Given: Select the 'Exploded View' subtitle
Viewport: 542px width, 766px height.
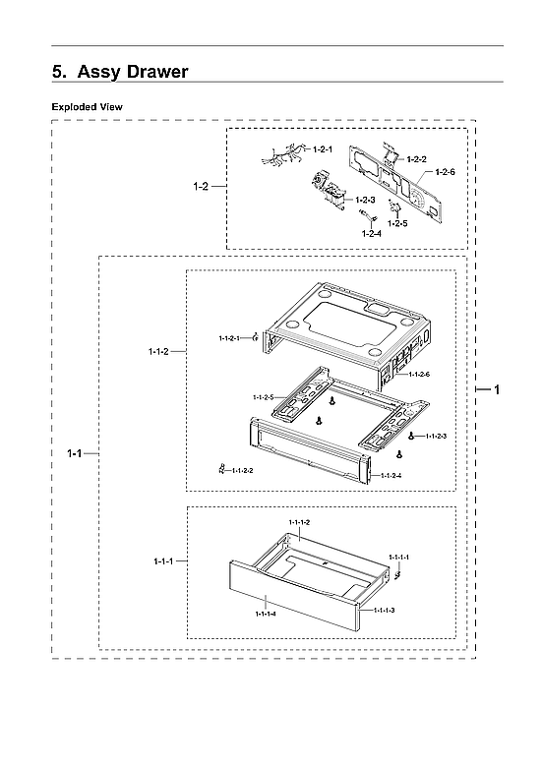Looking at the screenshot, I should [x=88, y=106].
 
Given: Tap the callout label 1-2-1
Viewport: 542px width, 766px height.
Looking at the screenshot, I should [x=322, y=149].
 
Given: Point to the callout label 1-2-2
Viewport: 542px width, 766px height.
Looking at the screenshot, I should [x=416, y=158].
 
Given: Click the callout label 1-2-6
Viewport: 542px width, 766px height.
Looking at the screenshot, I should [x=445, y=172].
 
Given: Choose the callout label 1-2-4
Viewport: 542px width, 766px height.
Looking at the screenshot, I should [x=371, y=233].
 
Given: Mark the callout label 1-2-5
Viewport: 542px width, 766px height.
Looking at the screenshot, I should [x=397, y=223].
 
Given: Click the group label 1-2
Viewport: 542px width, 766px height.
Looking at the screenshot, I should [x=201, y=185].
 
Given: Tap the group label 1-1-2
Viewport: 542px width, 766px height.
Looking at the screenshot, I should [x=157, y=351].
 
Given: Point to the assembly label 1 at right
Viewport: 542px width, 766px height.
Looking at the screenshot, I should [x=497, y=390].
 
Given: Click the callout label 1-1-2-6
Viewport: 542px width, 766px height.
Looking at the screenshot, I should [x=419, y=375].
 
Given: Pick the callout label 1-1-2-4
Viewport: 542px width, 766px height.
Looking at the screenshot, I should [x=391, y=476].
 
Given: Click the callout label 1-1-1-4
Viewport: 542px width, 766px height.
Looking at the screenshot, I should [x=265, y=614].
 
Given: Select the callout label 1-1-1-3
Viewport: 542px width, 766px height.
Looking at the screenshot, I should [x=384, y=611].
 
